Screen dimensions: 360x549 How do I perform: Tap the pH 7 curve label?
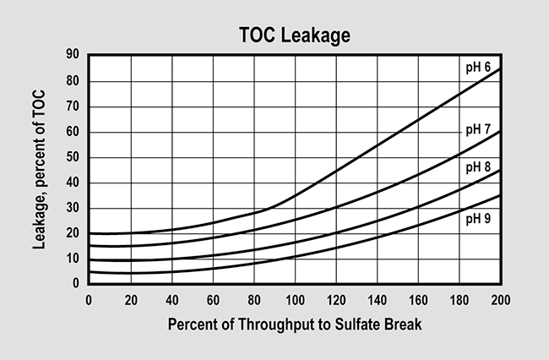pos(480,129)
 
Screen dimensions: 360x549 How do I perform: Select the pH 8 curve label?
pos(480,167)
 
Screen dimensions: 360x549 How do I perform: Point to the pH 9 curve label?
pos(480,218)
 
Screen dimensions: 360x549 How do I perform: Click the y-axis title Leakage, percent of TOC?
pos(40,169)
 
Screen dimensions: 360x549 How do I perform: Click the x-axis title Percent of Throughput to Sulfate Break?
pos(295,324)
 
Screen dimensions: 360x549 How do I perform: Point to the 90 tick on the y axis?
pos(73,56)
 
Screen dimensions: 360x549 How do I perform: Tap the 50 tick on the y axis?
pos(73,157)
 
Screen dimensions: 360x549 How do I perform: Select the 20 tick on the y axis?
pos(73,233)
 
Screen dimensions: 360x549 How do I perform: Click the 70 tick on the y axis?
pos(73,106)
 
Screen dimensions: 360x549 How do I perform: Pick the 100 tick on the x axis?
pos(295,298)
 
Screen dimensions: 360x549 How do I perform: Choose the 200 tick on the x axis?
pos(500,298)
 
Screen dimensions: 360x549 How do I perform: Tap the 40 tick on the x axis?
pos(171,298)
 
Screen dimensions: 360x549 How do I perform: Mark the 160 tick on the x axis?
pos(418,298)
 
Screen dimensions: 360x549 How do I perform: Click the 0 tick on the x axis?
pos(89,298)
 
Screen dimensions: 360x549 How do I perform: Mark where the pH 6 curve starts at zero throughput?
pos(90,232)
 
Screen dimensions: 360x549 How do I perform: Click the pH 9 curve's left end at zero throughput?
pos(90,271)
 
